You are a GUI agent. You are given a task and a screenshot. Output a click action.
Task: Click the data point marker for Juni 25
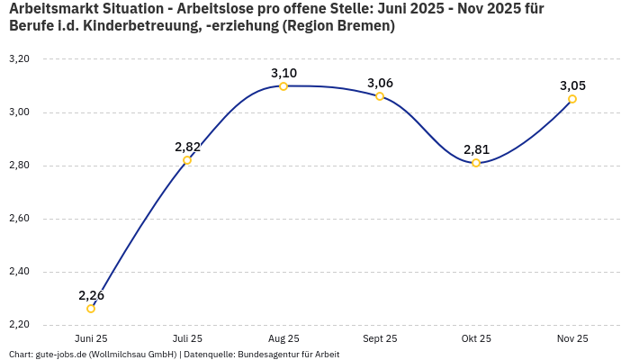tap(91, 309)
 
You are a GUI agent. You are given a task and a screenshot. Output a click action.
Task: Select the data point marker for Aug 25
tap(283, 86)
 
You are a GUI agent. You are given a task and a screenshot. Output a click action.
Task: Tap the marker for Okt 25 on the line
tap(476, 163)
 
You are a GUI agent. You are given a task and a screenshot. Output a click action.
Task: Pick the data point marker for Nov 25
tap(572, 99)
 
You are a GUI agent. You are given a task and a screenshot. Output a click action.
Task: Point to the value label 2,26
tap(91, 295)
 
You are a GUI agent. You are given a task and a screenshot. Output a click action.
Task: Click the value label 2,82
tap(187, 147)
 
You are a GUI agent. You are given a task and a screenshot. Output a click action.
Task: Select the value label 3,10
tap(283, 73)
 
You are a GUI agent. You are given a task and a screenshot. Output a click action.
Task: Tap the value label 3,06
tap(380, 83)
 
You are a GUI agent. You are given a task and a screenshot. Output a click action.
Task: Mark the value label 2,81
tap(476, 149)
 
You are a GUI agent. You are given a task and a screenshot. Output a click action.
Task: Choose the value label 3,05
tap(572, 85)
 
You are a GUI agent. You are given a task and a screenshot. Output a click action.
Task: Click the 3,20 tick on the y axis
tap(19, 59)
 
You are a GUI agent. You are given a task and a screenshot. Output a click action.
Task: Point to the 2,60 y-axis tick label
tap(19, 219)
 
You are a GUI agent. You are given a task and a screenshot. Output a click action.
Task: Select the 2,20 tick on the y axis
tap(19, 325)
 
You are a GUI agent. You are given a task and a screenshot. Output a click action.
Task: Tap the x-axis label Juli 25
tap(187, 338)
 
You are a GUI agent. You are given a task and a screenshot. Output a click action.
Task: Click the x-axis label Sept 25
tap(380, 338)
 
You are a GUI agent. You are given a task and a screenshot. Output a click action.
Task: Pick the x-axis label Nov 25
tap(572, 338)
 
